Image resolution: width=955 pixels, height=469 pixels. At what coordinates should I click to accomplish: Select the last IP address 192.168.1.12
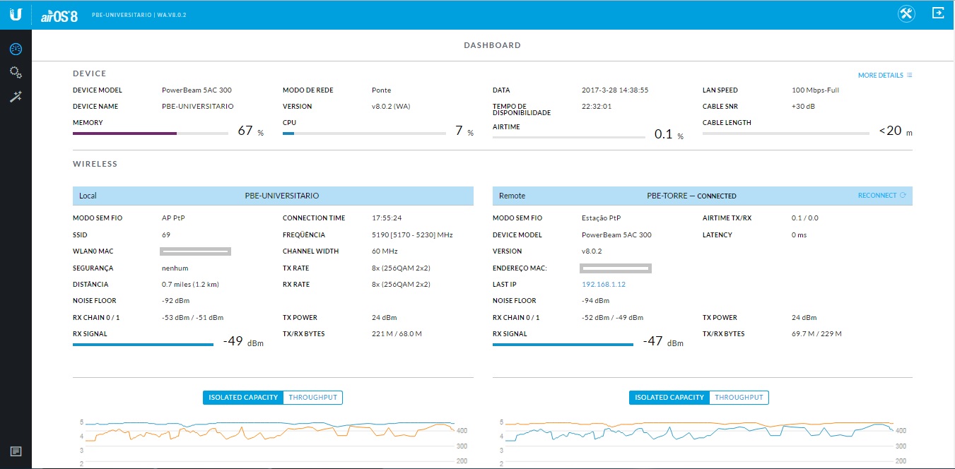[603, 285]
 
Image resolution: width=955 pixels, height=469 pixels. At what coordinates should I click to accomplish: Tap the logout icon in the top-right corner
[938, 13]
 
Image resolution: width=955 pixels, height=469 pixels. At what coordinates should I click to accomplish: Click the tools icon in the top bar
[907, 13]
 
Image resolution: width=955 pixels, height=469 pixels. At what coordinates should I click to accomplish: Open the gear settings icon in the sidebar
[16, 73]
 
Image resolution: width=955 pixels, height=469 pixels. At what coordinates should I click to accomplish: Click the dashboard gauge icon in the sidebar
[16, 49]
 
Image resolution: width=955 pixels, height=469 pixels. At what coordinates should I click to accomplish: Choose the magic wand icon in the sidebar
[16, 97]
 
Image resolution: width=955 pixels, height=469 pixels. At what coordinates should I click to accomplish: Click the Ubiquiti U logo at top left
[16, 14]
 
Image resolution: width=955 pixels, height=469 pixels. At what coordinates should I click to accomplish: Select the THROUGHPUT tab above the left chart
[312, 398]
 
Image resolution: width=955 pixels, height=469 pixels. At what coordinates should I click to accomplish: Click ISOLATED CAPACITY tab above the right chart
[669, 398]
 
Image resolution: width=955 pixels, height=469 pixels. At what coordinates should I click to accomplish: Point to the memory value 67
[245, 131]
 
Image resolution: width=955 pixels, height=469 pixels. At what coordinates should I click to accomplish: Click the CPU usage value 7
[459, 131]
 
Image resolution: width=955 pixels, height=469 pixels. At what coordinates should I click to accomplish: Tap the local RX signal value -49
[233, 341]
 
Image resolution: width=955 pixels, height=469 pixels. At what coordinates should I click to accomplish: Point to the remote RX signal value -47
[653, 341]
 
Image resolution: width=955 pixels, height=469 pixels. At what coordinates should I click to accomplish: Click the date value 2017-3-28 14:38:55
[615, 90]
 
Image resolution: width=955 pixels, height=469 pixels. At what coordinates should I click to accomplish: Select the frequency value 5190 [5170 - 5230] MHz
[412, 234]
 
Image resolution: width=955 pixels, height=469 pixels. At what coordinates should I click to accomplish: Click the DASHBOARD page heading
[492, 45]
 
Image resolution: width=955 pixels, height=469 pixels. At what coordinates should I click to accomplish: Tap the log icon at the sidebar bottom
[16, 451]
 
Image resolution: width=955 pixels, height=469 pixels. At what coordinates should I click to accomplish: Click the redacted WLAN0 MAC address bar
[196, 251]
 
